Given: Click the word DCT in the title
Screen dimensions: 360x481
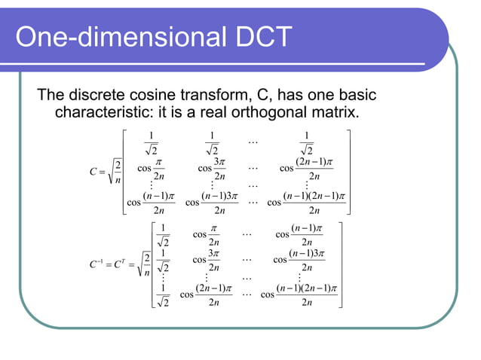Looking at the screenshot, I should coord(253,38).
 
